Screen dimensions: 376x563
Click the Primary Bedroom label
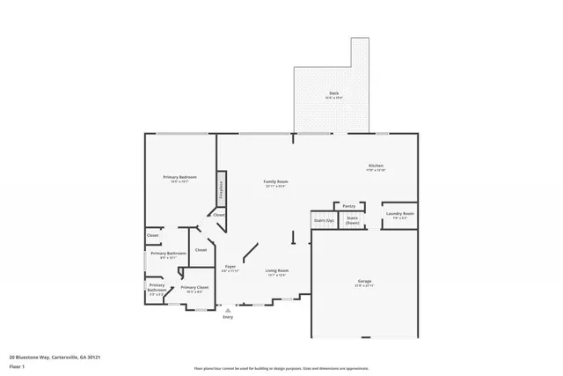[179, 177]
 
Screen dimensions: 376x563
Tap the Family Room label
[276, 181]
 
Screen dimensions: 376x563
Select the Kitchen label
[376, 166]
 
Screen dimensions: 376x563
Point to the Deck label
[334, 92]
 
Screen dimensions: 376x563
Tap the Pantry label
[349, 205]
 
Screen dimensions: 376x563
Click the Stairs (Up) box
[323, 220]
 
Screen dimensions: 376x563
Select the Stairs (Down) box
[352, 220]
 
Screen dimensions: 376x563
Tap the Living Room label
[277, 270]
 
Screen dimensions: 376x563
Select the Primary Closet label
[194, 287]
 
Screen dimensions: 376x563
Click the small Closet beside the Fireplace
[218, 215]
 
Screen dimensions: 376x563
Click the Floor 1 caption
[17, 366]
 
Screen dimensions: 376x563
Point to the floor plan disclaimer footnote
[281, 369]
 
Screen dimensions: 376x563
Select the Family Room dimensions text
[276, 187]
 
